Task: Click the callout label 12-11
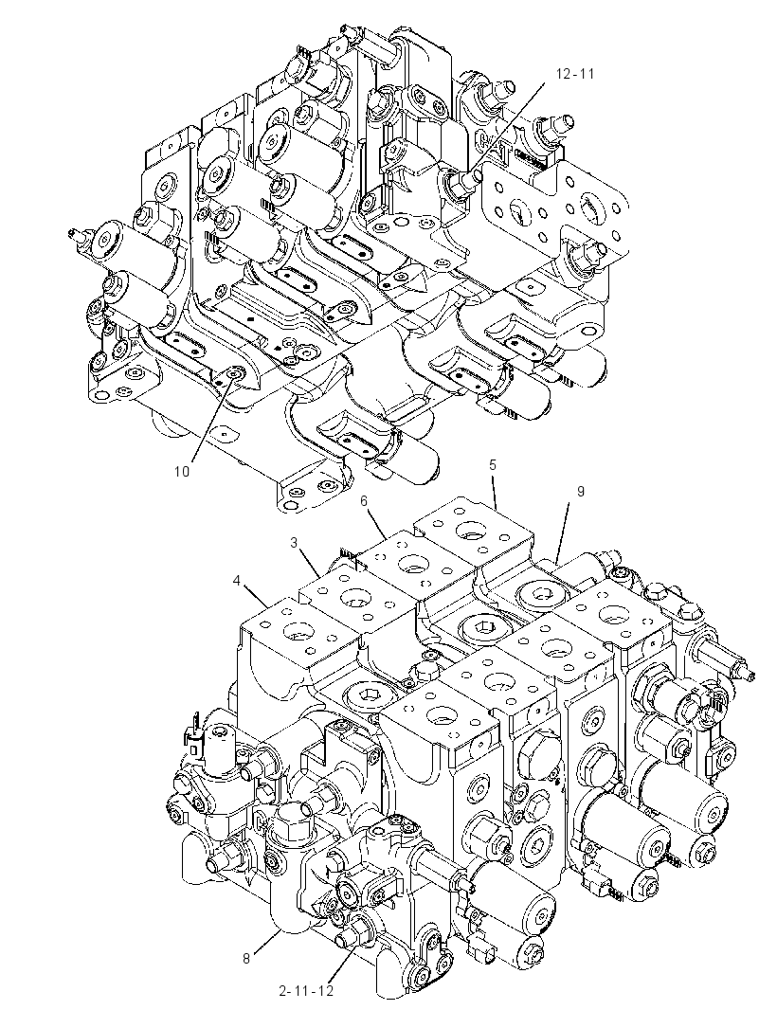[575, 74]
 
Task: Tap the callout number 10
[182, 472]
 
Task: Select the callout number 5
[493, 465]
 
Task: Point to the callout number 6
[363, 500]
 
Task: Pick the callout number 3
[294, 543]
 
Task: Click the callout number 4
[237, 581]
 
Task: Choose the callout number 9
[581, 492]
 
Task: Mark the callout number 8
[246, 959]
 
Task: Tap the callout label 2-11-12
[306, 991]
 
